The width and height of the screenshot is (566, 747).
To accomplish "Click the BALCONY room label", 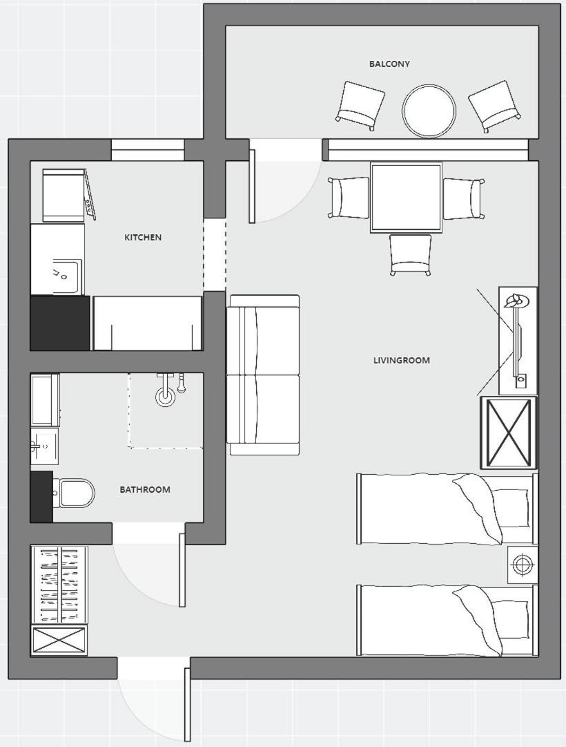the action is pos(389,64).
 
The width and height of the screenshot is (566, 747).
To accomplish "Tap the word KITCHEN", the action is pos(143,237).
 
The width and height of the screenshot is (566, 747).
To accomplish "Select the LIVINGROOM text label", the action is pos(401,361).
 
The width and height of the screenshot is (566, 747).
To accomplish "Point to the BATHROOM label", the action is pos(145,489).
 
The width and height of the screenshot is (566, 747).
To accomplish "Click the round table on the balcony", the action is pos(429,111).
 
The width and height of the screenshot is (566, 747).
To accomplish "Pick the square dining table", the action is pos(406,197).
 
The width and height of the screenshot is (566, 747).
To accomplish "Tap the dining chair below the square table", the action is pos(410,255).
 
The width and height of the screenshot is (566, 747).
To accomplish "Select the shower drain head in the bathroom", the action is pos(165,395).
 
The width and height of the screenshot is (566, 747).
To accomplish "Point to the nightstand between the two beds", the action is pos(523,565).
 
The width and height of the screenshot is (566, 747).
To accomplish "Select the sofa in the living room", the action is pos(264,375).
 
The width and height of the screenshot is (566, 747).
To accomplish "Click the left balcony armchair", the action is pos(361,106).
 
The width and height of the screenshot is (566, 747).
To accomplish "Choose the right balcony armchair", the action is pos(495,106).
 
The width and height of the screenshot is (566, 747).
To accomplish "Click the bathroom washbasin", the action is pos(45,446).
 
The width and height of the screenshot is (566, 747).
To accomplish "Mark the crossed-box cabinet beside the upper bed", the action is pos(509,432).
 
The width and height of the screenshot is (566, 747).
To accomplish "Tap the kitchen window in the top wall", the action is pos(148,150).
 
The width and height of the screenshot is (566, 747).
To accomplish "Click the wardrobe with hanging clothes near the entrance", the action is pos(59,585).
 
